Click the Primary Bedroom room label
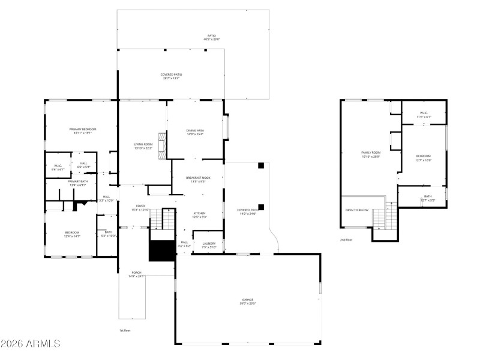(x=83, y=129)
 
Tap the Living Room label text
(x=143, y=145)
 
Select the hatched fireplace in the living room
(x=161, y=147)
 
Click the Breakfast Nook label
(x=197, y=178)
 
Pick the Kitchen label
(x=199, y=213)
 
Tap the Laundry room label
(x=209, y=243)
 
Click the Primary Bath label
(x=77, y=181)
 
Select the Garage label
(x=248, y=299)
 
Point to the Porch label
(x=137, y=273)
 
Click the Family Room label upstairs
(x=371, y=153)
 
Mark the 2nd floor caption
(x=346, y=239)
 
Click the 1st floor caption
(x=125, y=331)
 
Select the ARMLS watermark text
(x=31, y=344)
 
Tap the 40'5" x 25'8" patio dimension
(x=212, y=40)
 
